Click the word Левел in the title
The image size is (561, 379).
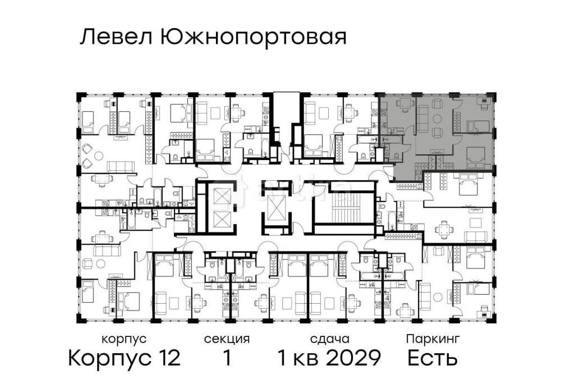[x=116, y=38]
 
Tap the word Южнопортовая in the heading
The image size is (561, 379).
[x=253, y=38]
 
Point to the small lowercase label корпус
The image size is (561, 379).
[x=124, y=339]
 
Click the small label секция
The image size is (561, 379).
[x=227, y=339]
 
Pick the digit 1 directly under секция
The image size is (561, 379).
[x=227, y=358]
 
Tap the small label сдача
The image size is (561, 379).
[x=330, y=339]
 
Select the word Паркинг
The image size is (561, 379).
[x=433, y=339]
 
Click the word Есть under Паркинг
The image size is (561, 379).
[x=433, y=358]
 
